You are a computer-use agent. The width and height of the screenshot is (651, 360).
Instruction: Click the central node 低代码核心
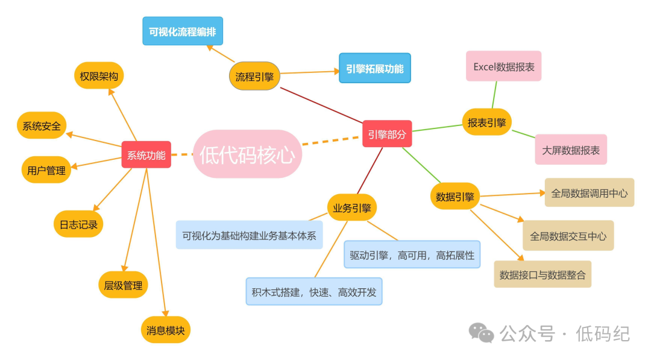pyautogui.click(x=247, y=154)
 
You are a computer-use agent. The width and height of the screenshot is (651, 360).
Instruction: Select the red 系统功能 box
pyautogui.click(x=146, y=154)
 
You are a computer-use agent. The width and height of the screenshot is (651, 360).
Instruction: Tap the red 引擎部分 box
pyautogui.click(x=387, y=134)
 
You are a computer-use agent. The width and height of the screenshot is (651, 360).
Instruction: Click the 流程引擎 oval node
pyautogui.click(x=254, y=77)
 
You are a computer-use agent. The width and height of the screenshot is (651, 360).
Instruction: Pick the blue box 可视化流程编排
pyautogui.click(x=183, y=31)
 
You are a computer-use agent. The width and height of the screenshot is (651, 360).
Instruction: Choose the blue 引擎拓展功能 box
pyautogui.click(x=374, y=68)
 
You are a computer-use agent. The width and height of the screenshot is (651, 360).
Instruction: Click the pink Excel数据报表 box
pyautogui.click(x=503, y=66)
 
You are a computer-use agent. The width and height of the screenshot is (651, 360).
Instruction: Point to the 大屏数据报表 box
pyautogui.click(x=571, y=150)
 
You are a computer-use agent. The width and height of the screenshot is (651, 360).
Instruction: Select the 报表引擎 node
pyautogui.click(x=486, y=122)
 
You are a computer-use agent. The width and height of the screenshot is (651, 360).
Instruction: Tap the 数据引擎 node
pyautogui.click(x=455, y=196)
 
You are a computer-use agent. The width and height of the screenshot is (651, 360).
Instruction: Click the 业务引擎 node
pyautogui.click(x=352, y=208)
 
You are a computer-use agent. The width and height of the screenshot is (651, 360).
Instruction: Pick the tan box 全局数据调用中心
pyautogui.click(x=589, y=193)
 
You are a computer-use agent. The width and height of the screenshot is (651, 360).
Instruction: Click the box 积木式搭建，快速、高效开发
pyautogui.click(x=314, y=291)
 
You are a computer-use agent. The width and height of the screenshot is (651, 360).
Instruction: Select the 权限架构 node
pyautogui.click(x=99, y=76)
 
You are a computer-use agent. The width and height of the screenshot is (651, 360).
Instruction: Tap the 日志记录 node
pyautogui.click(x=78, y=224)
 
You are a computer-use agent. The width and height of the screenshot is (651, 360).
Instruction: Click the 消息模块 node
pyautogui.click(x=166, y=330)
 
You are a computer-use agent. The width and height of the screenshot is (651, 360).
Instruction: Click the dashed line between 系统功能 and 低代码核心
pyautogui.click(x=181, y=154)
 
